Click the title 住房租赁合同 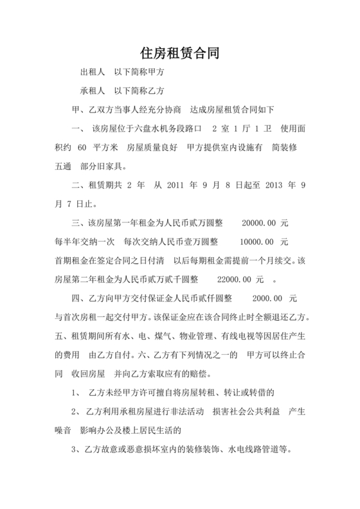pos(180,53)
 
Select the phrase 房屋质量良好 pos(152,147)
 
